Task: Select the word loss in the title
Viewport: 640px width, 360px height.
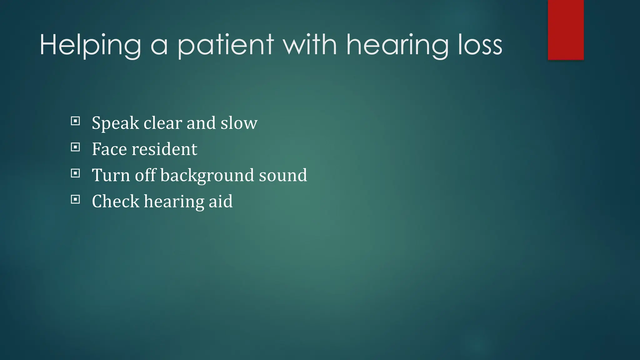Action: click(x=480, y=46)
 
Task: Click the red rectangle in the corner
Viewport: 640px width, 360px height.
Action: click(x=566, y=30)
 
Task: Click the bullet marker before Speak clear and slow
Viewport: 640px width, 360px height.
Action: click(x=75, y=121)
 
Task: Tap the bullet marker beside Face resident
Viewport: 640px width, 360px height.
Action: click(x=75, y=147)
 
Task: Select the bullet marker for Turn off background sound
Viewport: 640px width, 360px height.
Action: click(x=75, y=173)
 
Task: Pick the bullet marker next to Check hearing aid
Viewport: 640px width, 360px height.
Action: click(x=75, y=199)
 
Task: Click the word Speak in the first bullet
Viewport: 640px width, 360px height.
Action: click(x=115, y=123)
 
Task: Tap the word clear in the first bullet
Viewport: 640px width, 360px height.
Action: click(x=162, y=123)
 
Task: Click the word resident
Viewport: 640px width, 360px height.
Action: click(x=164, y=149)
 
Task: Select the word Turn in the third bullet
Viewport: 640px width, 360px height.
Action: click(x=111, y=175)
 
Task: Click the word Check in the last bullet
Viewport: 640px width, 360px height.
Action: click(x=115, y=201)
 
